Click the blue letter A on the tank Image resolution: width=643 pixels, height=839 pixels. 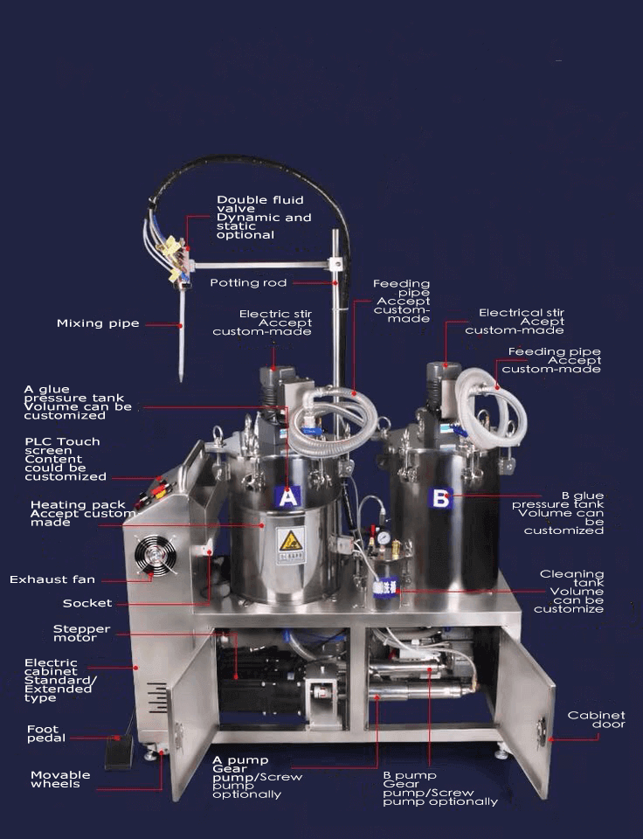coord(287,497)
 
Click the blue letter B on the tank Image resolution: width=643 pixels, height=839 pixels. coord(441,498)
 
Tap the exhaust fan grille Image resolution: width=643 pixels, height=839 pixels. coord(156,556)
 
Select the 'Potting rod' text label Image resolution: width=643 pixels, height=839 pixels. coord(248,282)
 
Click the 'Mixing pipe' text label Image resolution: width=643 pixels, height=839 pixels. coord(98,323)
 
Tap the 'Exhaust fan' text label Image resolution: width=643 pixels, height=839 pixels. coord(52,579)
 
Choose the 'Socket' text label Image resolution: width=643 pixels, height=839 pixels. coord(87,603)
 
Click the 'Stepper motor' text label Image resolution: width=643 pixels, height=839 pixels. coord(81,633)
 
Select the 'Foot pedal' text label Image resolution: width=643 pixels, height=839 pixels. coord(46,733)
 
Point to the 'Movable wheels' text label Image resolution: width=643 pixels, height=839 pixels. coord(60,779)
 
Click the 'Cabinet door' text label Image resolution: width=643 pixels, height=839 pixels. coord(597,719)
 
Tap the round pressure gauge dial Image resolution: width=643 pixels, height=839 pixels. coord(383,537)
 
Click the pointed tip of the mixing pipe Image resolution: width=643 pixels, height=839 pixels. coord(181,380)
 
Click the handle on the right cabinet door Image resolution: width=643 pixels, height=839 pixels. coord(542,732)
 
